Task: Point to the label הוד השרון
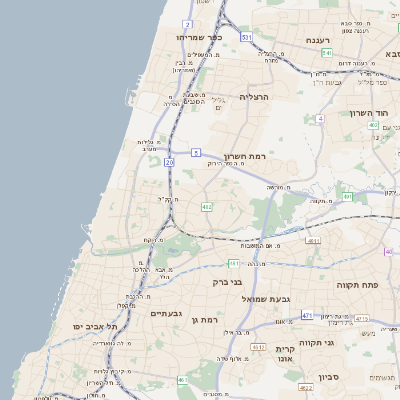coord(367,112)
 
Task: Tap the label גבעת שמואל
coord(264,299)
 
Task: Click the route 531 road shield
coord(246,36)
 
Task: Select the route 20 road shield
coord(170,161)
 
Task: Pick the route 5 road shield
coord(196,152)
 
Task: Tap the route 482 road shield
coord(207,206)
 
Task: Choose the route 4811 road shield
coord(314,242)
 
